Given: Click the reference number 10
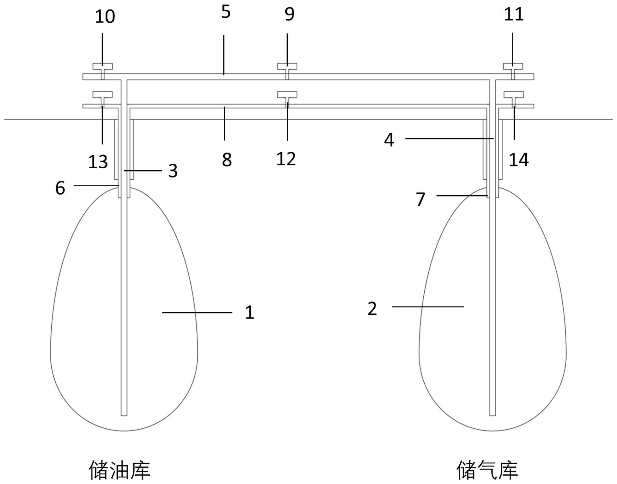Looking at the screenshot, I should point(105,17).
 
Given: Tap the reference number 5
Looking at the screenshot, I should point(226,12).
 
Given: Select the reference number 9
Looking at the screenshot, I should point(289,14).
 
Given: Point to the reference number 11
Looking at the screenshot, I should point(514,14).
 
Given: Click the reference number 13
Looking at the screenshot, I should point(98,162).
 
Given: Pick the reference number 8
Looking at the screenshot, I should point(227,160).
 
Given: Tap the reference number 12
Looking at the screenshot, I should point(286,159).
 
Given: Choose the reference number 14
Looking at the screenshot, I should point(518,160).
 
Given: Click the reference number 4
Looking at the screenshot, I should point(389,140).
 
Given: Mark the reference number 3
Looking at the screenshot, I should point(173,171).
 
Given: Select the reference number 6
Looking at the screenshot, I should point(60,188).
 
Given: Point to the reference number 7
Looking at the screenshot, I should point(421,199).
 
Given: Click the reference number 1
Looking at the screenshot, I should point(249,312).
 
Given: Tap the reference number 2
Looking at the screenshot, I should point(372,309).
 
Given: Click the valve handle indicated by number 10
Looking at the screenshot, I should point(102,66).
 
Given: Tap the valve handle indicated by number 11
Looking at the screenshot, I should point(513,66).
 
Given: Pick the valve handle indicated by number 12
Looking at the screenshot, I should point(287,95).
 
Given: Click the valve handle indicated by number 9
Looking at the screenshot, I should point(287,66).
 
